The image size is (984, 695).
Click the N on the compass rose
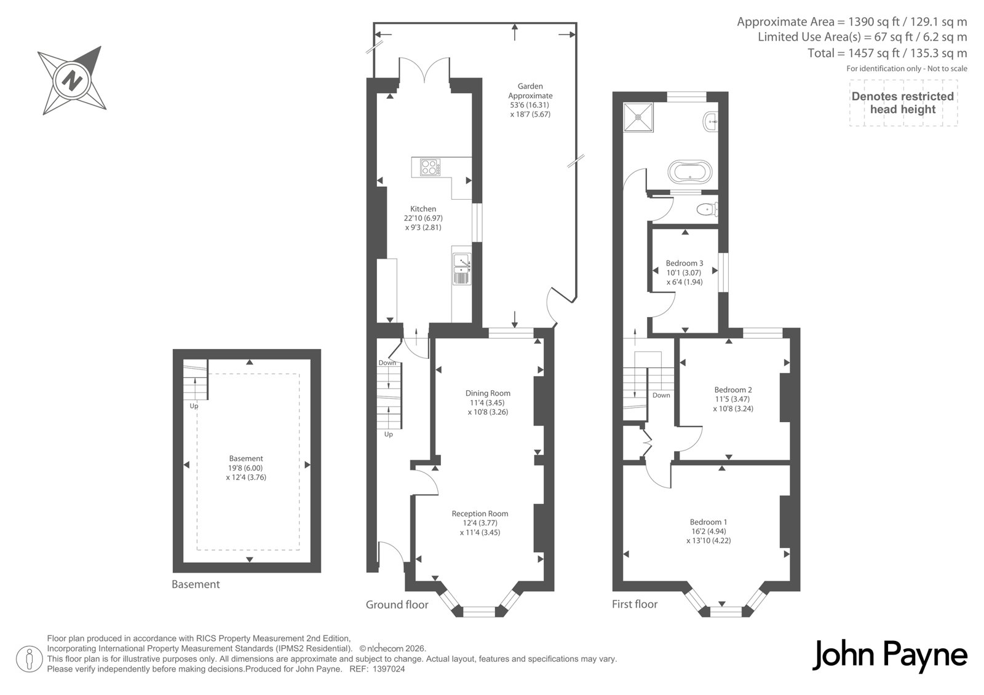pos(72,80)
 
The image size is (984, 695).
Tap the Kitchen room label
pos(423,209)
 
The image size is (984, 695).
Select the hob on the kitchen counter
pos(430,167)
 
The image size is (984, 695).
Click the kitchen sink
pos(462,269)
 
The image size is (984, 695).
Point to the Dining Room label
pos(488,393)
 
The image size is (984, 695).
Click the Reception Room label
pos(480,514)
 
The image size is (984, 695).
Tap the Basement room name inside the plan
pos(246,458)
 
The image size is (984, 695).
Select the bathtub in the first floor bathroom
pos(689,171)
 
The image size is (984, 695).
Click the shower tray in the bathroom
pos(638,117)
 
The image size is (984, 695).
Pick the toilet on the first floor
pos(707,210)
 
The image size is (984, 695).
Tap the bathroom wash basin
pos(711,120)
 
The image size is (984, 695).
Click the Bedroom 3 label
pos(684,264)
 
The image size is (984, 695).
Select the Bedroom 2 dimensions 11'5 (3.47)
pos(732,399)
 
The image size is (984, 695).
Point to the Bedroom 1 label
pos(708,522)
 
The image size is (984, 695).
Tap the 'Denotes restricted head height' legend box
pos(903,103)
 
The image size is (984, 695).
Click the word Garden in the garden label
pos(530,87)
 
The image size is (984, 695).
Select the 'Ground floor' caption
pos(397,605)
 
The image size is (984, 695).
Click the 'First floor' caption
pos(634,604)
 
